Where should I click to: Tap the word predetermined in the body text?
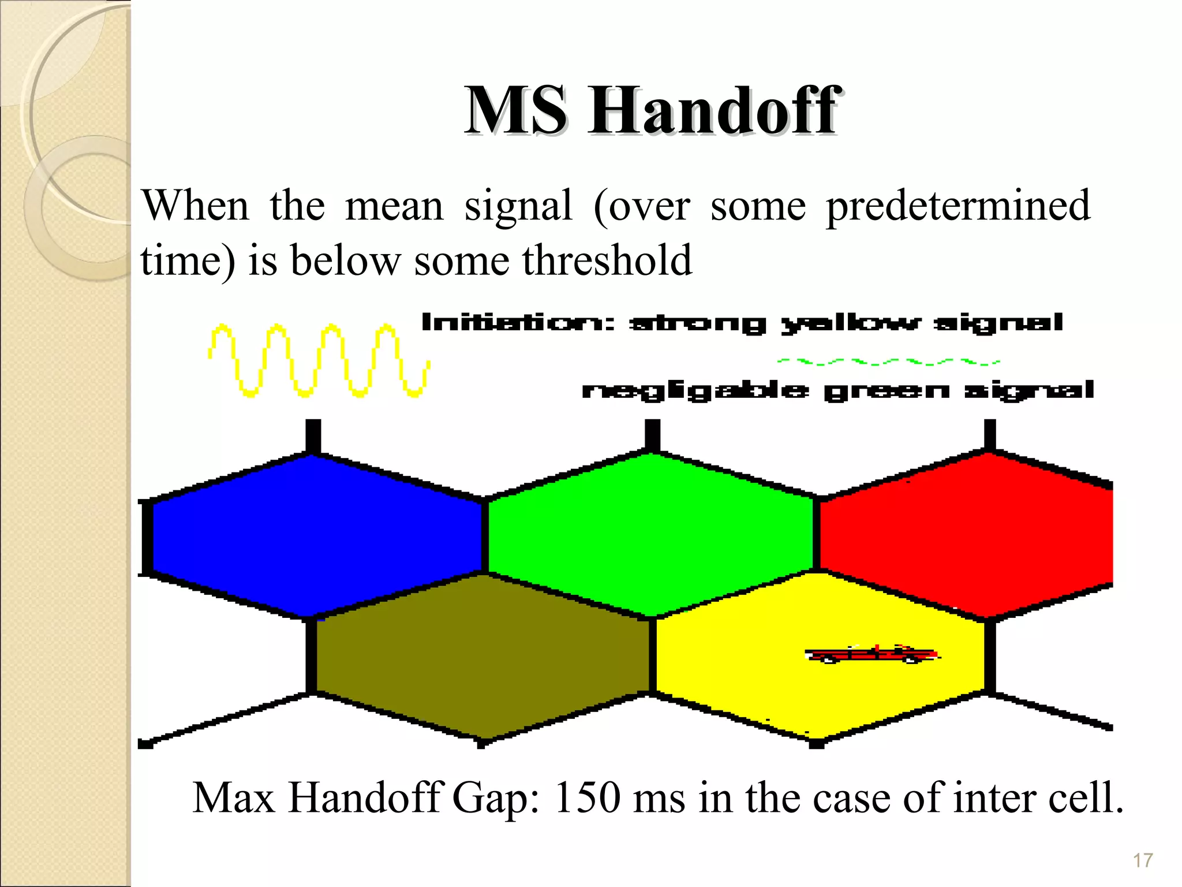pyautogui.click(x=958, y=206)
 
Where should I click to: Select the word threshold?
pyautogui.click(x=607, y=261)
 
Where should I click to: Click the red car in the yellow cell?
pyautogui.click(x=871, y=654)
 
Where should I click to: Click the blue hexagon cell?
pyautogui.click(x=315, y=534)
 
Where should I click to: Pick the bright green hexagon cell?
pyautogui.click(x=651, y=534)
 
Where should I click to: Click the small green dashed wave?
pyautogui.click(x=889, y=362)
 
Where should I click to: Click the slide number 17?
pyautogui.click(x=1142, y=860)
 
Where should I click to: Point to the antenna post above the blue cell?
pyautogui.click(x=313, y=436)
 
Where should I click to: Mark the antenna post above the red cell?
pyautogui.click(x=990, y=435)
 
